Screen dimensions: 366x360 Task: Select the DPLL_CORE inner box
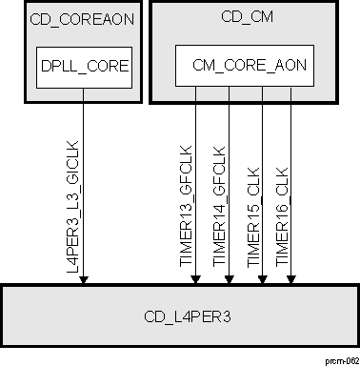84,68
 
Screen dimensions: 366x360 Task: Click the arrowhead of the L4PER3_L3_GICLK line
84,279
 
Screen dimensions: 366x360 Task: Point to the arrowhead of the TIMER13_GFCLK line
196,279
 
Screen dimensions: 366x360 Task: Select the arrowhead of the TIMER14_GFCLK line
230,279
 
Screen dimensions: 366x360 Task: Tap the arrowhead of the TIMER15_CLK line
263,279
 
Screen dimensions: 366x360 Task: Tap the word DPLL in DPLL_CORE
59,68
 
